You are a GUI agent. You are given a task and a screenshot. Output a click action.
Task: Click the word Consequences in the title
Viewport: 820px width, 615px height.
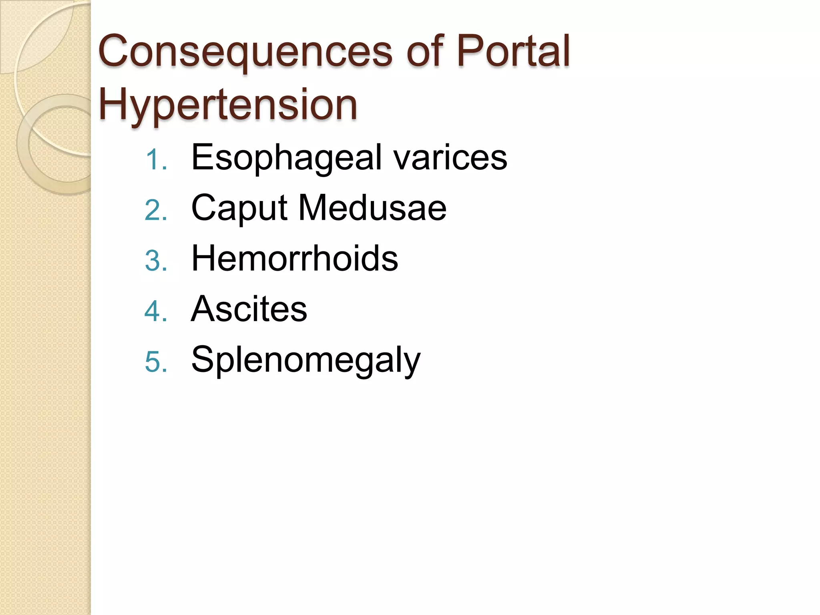(x=245, y=52)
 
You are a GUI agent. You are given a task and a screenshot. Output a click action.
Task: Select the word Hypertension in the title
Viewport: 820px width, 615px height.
(x=228, y=105)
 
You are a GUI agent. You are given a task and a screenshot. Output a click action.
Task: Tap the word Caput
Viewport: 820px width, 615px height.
(x=239, y=209)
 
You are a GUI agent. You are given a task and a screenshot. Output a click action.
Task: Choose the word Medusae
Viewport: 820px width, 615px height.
(x=372, y=208)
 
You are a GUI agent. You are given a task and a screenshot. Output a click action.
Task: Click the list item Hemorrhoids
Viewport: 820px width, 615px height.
(x=295, y=258)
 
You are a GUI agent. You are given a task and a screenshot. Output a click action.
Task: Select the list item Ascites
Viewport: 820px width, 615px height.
(x=249, y=309)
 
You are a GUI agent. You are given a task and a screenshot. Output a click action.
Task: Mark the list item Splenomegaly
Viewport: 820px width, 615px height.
(x=306, y=360)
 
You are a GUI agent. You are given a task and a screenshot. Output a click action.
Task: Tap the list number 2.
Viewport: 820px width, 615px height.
(x=155, y=210)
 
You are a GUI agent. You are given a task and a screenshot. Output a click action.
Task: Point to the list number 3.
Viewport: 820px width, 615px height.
(x=155, y=261)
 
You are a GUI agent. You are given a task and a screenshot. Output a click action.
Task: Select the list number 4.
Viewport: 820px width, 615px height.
(x=155, y=311)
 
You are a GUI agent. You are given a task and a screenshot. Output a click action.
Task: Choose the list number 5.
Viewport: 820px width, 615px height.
(x=155, y=362)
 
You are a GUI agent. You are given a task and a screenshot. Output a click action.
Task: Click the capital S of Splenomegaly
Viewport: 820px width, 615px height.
(x=203, y=359)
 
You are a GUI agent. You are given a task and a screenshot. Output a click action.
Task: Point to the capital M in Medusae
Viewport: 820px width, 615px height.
(x=314, y=208)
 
